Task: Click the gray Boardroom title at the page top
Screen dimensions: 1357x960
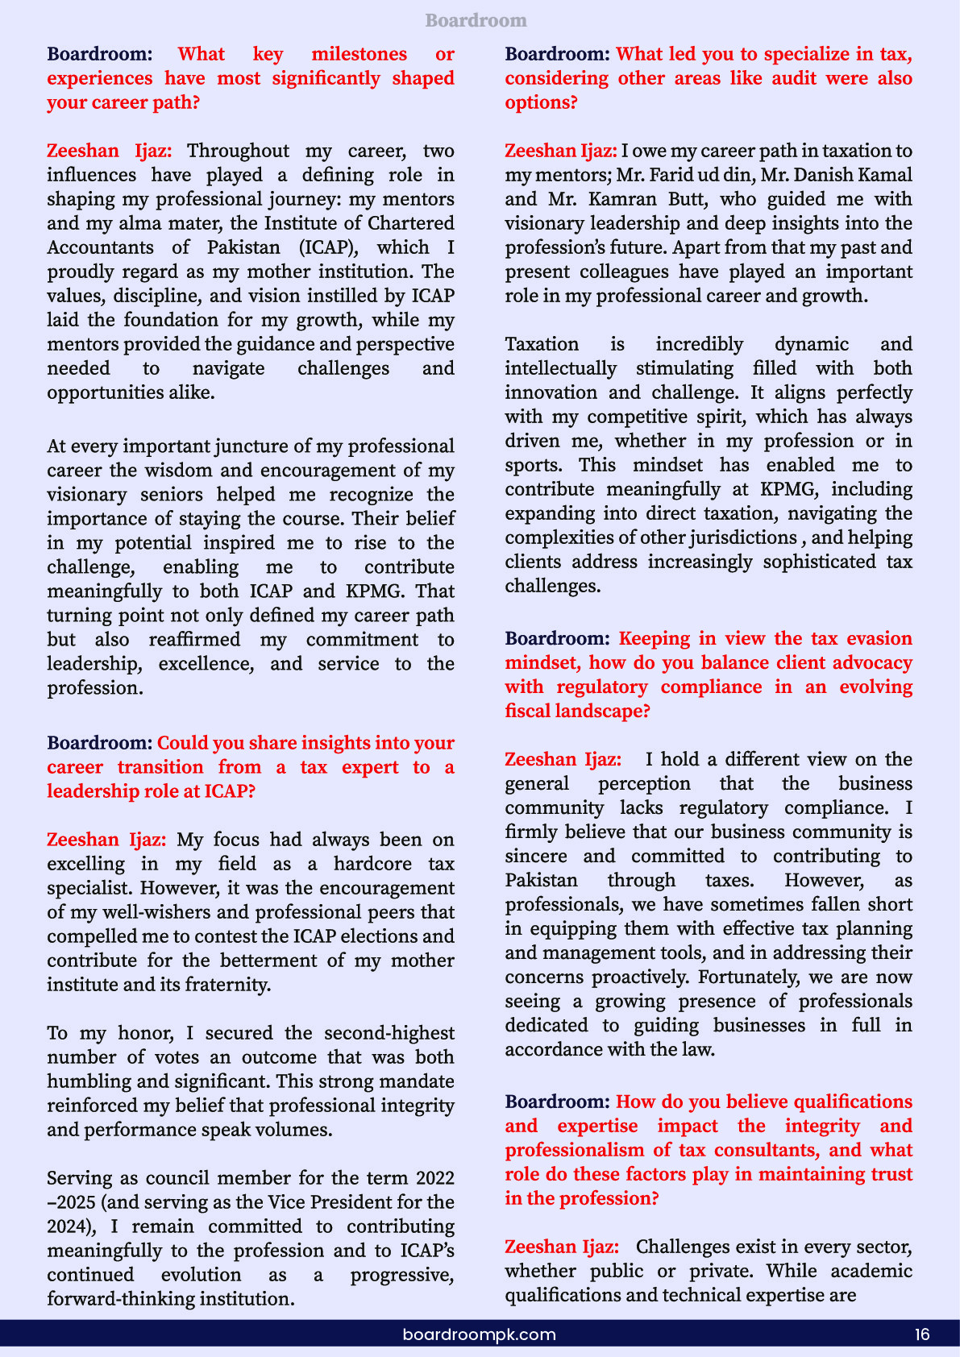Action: (x=476, y=20)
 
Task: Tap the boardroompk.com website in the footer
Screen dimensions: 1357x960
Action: (x=479, y=1334)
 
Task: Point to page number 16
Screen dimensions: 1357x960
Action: (x=922, y=1334)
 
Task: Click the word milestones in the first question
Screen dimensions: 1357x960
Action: (x=359, y=54)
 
